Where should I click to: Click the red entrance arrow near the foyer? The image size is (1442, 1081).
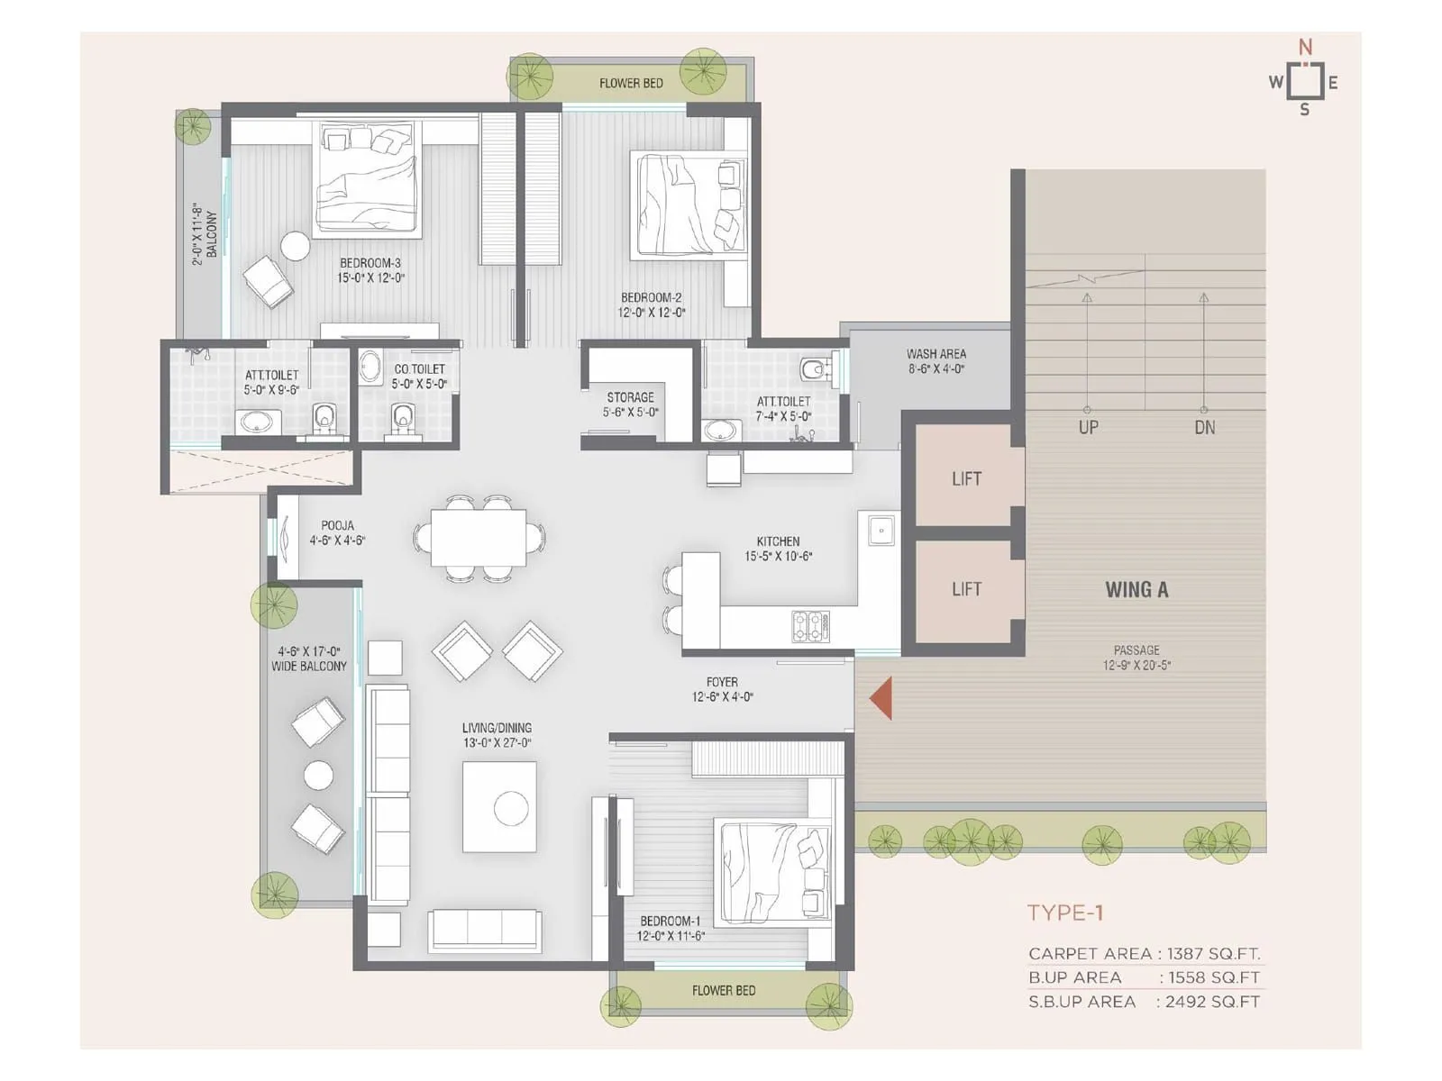[x=881, y=698]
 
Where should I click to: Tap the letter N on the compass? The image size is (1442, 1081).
[x=1304, y=47]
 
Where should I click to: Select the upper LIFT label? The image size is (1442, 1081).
[x=966, y=479]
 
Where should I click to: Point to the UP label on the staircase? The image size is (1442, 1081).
[x=1088, y=427]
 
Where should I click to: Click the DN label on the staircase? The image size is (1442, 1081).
[x=1204, y=427]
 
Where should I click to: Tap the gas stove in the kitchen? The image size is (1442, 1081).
[x=810, y=626]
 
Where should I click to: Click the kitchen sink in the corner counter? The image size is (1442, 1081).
[x=881, y=531]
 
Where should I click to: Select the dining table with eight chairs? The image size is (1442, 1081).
[x=478, y=538]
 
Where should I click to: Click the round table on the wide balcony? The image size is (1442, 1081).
[x=318, y=775]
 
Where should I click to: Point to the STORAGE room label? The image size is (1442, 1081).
[x=630, y=397]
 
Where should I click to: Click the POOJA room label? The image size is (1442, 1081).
[x=337, y=525]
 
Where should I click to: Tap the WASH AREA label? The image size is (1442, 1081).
[x=935, y=354]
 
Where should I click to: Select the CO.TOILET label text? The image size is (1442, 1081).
[x=419, y=369]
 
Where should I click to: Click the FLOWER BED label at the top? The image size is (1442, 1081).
[x=631, y=84]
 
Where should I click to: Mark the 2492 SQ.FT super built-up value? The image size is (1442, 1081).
[x=1211, y=1002]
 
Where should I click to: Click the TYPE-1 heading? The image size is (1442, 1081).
[x=1065, y=913]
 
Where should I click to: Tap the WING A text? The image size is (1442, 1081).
[x=1136, y=590]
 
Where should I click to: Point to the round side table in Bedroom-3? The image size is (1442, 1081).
[x=295, y=246]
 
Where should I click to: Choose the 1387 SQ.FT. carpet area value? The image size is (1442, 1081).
[x=1213, y=953]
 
